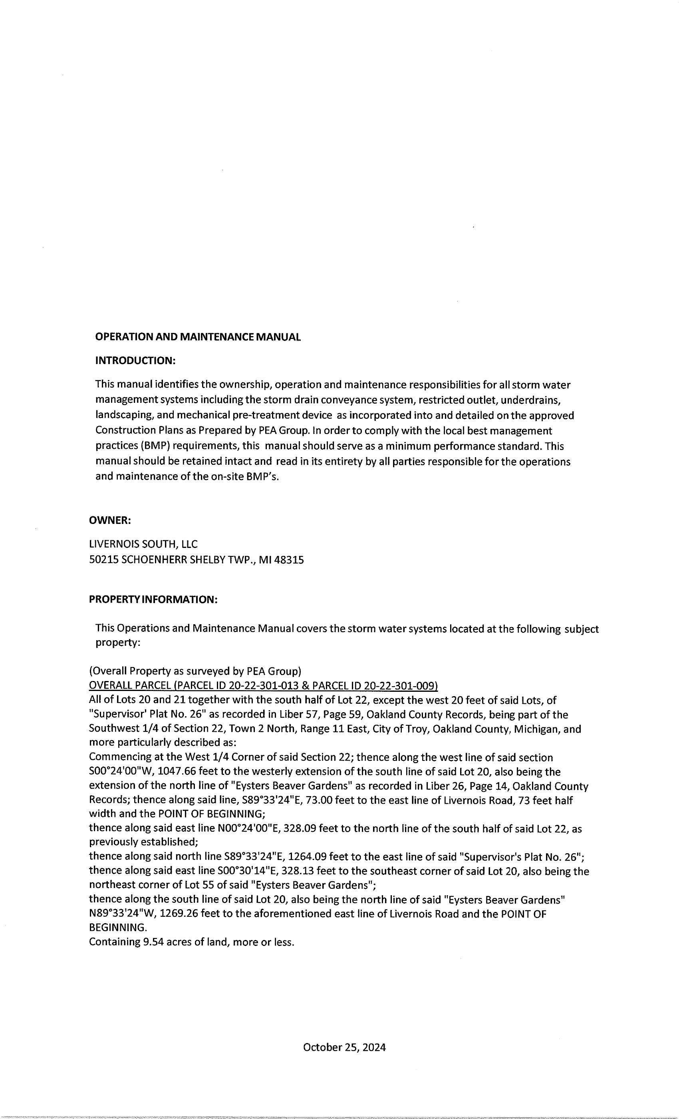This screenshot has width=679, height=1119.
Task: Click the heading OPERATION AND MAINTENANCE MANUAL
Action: tap(198, 337)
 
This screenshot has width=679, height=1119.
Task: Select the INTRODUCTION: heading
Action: tap(135, 360)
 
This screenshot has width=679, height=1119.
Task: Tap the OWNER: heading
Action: tap(110, 520)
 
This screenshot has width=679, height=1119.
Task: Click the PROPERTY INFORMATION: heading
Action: tap(153, 599)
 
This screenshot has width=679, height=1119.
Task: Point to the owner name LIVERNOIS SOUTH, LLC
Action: tap(143, 544)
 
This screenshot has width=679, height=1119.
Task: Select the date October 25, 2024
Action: tap(344, 1047)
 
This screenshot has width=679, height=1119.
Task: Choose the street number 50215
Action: tap(103, 560)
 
